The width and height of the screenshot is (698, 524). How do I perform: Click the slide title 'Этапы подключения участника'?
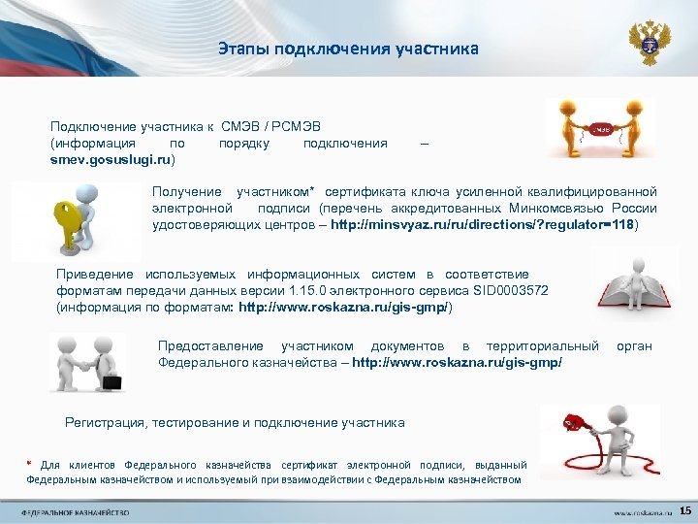tap(348, 48)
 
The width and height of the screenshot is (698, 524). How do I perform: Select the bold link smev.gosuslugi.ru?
tap(111, 158)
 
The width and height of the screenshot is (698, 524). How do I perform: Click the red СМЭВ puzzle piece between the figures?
tap(601, 128)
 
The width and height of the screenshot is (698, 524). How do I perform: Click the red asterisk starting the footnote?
tap(30, 464)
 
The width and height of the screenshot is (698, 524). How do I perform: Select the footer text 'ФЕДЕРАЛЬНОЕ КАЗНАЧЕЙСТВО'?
tap(77, 511)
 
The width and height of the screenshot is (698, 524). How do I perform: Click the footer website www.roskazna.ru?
tap(636, 511)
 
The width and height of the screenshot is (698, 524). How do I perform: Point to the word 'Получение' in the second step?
tap(186, 192)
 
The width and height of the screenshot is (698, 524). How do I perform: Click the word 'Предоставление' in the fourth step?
tap(209, 345)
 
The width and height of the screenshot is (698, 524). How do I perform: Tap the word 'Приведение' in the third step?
tap(97, 275)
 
